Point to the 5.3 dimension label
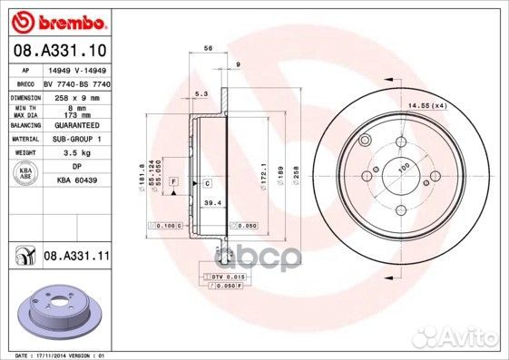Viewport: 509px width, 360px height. click(201, 93)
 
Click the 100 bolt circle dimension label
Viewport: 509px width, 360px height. click(403, 167)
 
